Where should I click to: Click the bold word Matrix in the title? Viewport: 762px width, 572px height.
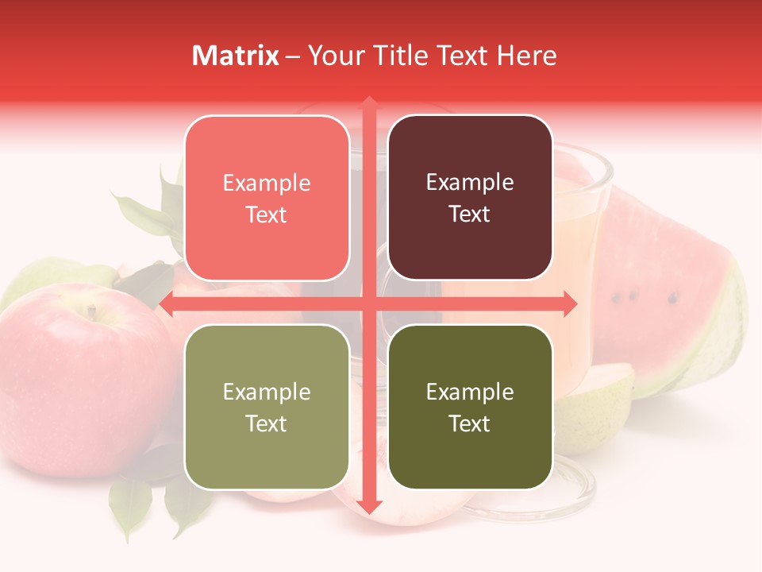click(236, 56)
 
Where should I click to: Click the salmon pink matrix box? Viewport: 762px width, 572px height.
click(267, 199)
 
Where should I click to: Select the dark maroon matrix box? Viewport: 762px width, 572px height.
click(470, 198)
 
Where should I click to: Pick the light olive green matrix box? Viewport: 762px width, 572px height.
click(267, 407)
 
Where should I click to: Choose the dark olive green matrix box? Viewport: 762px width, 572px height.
click(470, 407)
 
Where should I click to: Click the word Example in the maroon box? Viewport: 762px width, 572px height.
click(470, 182)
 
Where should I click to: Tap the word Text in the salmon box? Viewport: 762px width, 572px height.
click(266, 214)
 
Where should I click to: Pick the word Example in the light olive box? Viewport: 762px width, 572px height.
click(267, 392)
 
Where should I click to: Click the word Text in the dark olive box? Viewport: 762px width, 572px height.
click(470, 423)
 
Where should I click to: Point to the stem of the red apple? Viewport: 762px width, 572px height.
click(92, 311)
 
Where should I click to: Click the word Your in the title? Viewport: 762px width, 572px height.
click(333, 56)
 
